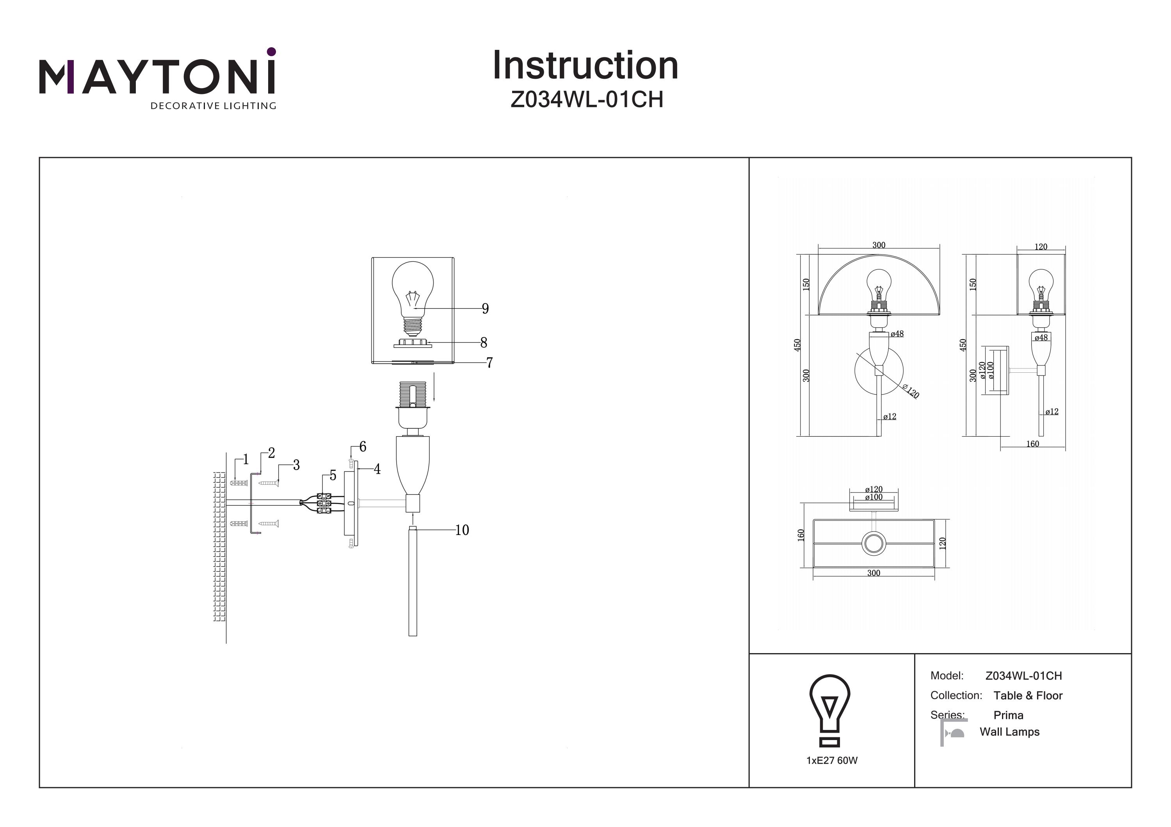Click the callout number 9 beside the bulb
[485, 309]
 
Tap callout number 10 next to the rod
[461, 530]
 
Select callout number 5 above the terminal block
[333, 475]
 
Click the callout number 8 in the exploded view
[484, 343]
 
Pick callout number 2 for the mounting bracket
[271, 453]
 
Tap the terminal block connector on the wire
[324, 503]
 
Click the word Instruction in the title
[585, 66]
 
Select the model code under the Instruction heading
[587, 100]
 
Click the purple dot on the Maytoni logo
[271, 51]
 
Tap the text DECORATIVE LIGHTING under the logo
[213, 106]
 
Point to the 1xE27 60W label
[832, 761]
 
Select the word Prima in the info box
[1008, 715]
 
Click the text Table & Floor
[1028, 696]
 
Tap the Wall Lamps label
[1009, 732]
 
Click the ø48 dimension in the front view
[897, 334]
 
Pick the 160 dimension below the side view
[1032, 444]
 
